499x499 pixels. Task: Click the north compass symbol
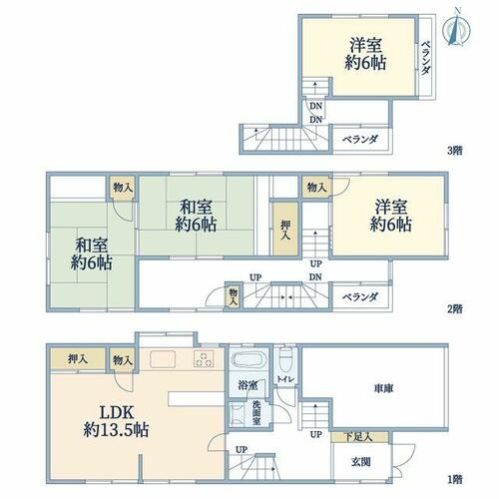coord(456,29)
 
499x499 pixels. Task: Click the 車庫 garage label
coord(383,388)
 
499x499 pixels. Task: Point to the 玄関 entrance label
coord(361,462)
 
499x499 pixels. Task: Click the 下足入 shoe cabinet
coord(360,437)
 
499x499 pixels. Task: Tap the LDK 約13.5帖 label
coord(116,422)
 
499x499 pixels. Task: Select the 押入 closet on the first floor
coord(78,359)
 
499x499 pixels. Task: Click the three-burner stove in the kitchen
coord(204,359)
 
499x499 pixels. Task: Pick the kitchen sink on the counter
coord(163,359)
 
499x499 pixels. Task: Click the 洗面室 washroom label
coord(255,412)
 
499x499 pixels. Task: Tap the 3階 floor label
coord(455,151)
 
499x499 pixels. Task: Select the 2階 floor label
coord(455,308)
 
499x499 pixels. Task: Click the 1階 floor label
coord(455,479)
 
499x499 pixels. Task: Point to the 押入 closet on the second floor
coord(285,229)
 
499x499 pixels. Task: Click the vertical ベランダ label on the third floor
coord(426,58)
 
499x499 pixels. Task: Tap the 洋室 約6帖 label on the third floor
coord(365,54)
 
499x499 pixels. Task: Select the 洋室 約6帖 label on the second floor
coord(391,216)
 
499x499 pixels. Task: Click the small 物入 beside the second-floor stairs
coord(234,296)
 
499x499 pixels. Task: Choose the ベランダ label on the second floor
coord(360,296)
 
